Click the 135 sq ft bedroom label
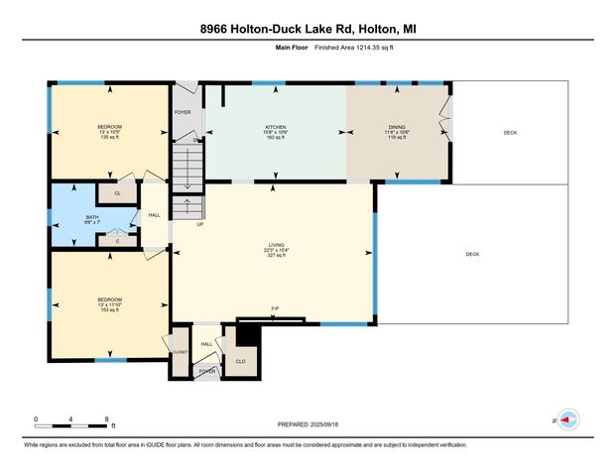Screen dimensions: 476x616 (x=109, y=133)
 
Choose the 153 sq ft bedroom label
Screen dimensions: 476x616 (x=109, y=304)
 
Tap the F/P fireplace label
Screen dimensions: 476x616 (x=275, y=309)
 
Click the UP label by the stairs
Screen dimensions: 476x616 (x=199, y=223)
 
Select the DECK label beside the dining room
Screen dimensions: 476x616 (x=510, y=132)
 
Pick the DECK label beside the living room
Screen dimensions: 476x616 (x=472, y=255)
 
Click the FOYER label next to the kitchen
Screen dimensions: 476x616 (x=183, y=113)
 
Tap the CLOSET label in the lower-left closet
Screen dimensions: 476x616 (x=180, y=352)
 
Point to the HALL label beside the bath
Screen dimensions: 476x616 (x=155, y=215)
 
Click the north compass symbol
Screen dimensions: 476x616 (x=568, y=419)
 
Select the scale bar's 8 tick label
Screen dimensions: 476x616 (x=106, y=419)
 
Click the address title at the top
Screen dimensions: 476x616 (x=308, y=30)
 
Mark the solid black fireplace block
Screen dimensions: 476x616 (x=248, y=336)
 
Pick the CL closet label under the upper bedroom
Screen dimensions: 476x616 (x=118, y=193)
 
